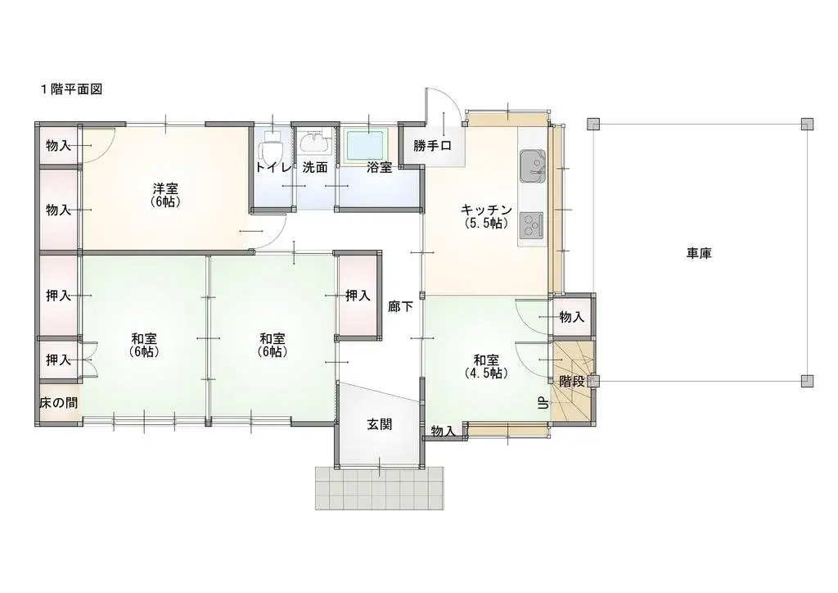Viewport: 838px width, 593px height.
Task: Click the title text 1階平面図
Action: click(x=71, y=88)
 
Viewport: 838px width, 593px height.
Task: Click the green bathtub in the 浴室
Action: click(x=366, y=145)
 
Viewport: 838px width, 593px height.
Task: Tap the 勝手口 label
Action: click(x=433, y=147)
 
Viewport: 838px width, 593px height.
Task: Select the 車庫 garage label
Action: click(x=699, y=253)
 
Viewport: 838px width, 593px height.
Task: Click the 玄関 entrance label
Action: click(x=379, y=424)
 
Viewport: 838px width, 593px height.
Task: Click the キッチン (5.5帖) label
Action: click(x=486, y=215)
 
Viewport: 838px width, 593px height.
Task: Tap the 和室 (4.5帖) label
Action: click(x=485, y=365)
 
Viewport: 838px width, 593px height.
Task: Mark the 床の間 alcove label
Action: click(x=58, y=403)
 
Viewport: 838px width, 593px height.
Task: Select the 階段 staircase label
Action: click(x=572, y=381)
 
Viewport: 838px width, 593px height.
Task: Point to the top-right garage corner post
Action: click(x=807, y=124)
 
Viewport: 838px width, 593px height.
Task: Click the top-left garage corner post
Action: click(x=594, y=124)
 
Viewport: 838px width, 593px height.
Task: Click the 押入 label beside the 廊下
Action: click(x=358, y=295)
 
